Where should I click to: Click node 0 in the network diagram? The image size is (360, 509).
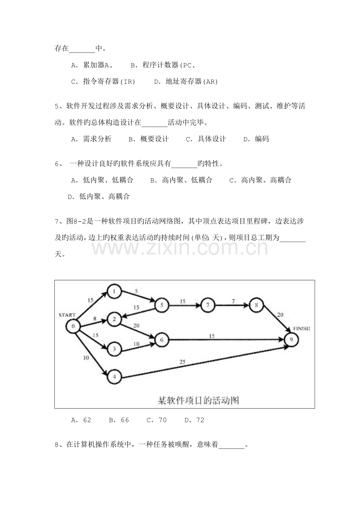(x=73, y=326)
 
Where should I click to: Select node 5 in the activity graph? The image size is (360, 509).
(x=162, y=305)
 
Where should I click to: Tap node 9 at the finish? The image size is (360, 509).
(x=291, y=339)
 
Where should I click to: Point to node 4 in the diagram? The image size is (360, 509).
(x=114, y=377)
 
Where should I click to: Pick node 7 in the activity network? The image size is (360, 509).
(x=208, y=305)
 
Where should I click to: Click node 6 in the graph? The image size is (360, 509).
(x=162, y=340)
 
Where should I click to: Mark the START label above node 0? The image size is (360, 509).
(x=67, y=315)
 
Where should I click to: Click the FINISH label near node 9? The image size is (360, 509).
(x=302, y=328)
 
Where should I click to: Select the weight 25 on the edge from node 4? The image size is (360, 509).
(x=182, y=362)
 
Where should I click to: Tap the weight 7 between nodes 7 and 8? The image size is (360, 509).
(x=233, y=301)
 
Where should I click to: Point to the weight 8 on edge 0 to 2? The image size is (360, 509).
(x=95, y=319)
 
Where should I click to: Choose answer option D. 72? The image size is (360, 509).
(x=194, y=420)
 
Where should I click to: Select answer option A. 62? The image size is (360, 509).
(x=81, y=420)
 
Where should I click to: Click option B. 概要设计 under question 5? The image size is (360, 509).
(x=149, y=139)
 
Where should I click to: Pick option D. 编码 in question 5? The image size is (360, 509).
(x=256, y=139)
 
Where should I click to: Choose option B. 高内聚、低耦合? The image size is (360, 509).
(x=182, y=180)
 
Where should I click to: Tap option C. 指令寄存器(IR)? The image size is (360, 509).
(x=103, y=81)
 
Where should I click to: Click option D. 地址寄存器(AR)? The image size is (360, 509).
(x=186, y=81)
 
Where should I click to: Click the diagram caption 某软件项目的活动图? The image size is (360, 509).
(x=198, y=401)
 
